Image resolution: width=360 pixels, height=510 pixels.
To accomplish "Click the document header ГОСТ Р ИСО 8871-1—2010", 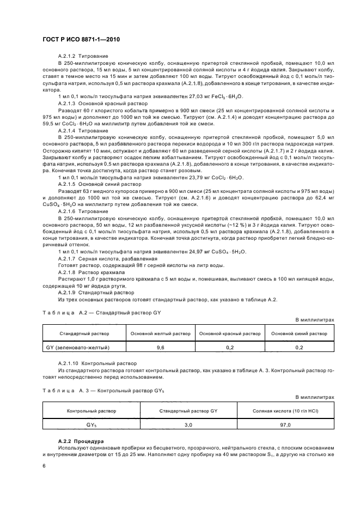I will pos(81,40).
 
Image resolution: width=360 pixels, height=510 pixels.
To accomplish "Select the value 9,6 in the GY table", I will pos(160,347).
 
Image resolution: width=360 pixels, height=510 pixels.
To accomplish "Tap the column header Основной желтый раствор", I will pos(160,333).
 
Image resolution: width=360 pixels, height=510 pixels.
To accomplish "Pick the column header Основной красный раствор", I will pos(230,333).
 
